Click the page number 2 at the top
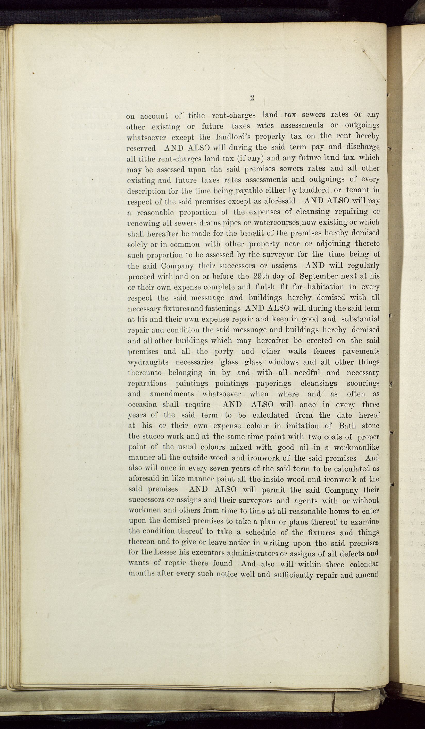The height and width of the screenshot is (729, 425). pyautogui.click(x=252, y=98)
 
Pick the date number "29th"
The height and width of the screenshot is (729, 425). pyautogui.click(x=262, y=276)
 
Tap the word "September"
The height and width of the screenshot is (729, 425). pyautogui.click(x=319, y=276)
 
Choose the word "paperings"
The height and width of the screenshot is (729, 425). pyautogui.click(x=274, y=384)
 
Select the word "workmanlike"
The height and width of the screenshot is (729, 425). pyautogui.click(x=356, y=448)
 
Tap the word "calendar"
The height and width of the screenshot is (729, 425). pyautogui.click(x=364, y=564)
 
